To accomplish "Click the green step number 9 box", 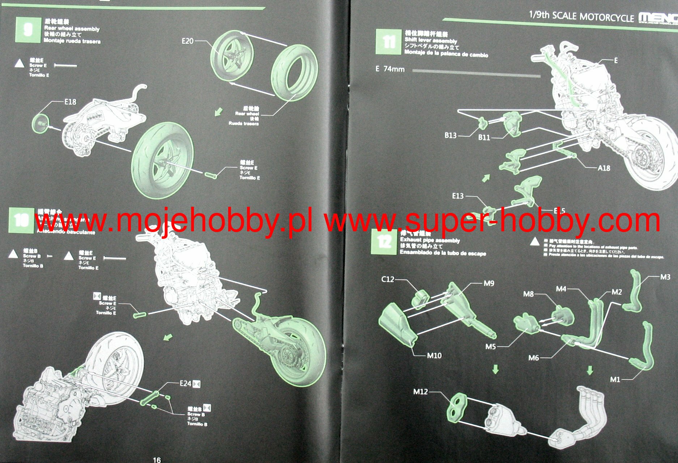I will tap(28, 30).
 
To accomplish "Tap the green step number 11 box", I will tap(388, 42).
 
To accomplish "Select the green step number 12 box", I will tap(384, 242).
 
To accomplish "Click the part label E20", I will tap(187, 41).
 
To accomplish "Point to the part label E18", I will tap(70, 102).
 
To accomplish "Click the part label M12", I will tap(421, 391).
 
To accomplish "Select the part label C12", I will tap(388, 279).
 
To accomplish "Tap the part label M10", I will tap(434, 356).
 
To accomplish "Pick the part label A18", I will tap(604, 168).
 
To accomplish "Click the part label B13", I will tap(450, 136).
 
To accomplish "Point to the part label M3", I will tap(665, 277).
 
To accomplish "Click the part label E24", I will tap(185, 383).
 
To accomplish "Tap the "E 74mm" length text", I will tap(390, 69).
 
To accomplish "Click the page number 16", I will tap(157, 460).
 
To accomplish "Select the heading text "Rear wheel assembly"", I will tap(72, 29).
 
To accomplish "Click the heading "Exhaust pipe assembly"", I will tap(430, 240).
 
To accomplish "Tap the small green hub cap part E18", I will tap(40, 123).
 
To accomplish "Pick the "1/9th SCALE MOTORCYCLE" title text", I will tap(581, 16).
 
